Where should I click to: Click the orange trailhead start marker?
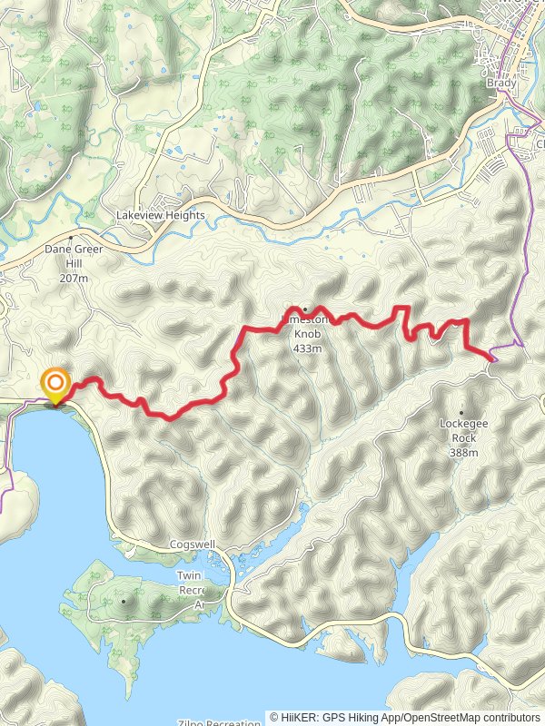pyautogui.click(x=55, y=384)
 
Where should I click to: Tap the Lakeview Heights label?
pyautogui.click(x=160, y=216)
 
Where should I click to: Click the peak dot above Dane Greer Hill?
pyautogui.click(x=70, y=237)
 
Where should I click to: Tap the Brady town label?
pyautogui.click(x=501, y=83)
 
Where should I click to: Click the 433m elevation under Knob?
pyautogui.click(x=307, y=348)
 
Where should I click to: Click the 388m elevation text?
pyautogui.click(x=463, y=452)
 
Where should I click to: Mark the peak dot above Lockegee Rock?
pyautogui.click(x=462, y=412)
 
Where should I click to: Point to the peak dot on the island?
pyautogui.click(x=123, y=601)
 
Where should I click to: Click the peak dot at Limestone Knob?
pyautogui.click(x=305, y=308)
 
